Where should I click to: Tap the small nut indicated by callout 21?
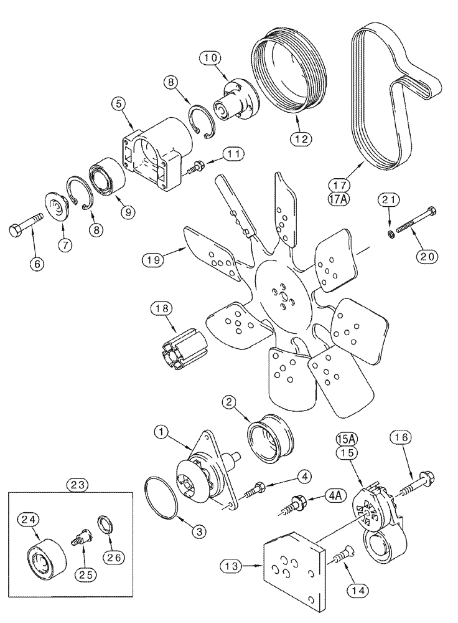390,234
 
